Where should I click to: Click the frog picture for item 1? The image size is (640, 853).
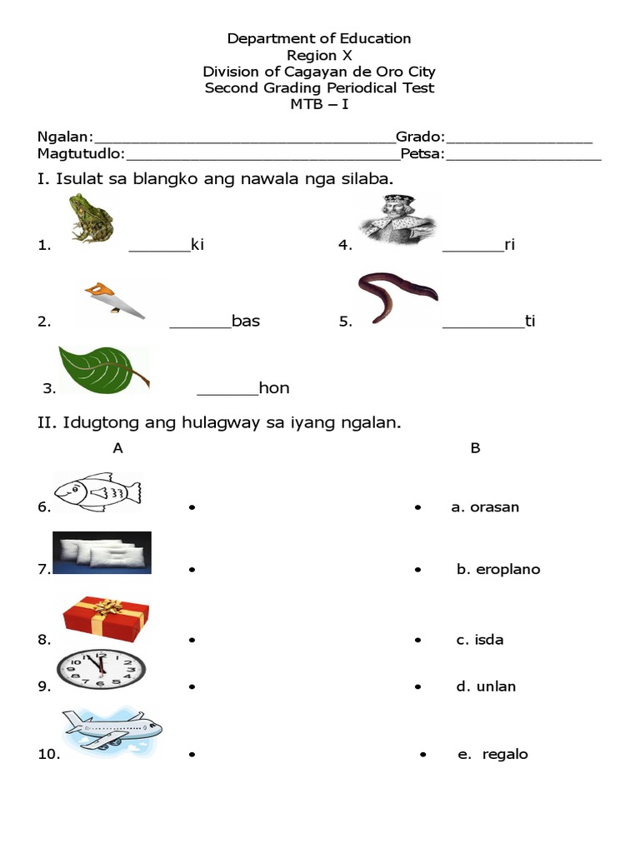pos(92,218)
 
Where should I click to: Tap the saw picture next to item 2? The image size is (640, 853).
pos(113,301)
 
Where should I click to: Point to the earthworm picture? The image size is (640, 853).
pos(397,296)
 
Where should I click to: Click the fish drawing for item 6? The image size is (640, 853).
pos(97,491)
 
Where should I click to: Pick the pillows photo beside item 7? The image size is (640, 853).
pos(102,553)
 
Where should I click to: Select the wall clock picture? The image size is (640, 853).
pos(101,668)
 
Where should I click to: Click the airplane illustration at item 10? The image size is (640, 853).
pos(111,732)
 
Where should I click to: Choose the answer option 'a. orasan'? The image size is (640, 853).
pos(485,507)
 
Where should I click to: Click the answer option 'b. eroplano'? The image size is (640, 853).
pos(498,570)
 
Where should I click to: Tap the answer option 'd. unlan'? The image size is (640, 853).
pos(486,686)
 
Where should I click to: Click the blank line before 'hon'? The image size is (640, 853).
pos(227,393)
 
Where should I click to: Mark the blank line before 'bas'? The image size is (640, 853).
pos(200,327)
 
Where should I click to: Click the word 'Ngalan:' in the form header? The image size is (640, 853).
pos(65,137)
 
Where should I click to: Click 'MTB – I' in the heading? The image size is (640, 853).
pos(319,104)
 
